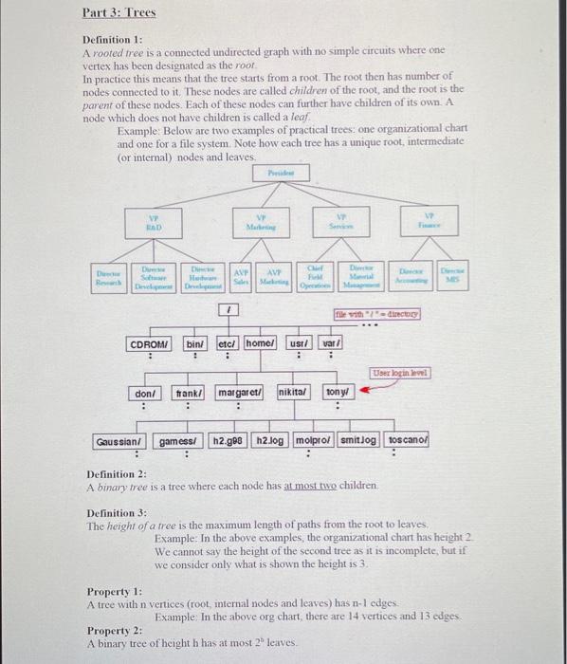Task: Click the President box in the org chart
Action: tap(275, 175)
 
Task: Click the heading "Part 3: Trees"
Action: tap(119, 13)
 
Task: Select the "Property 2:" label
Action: tap(115, 631)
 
